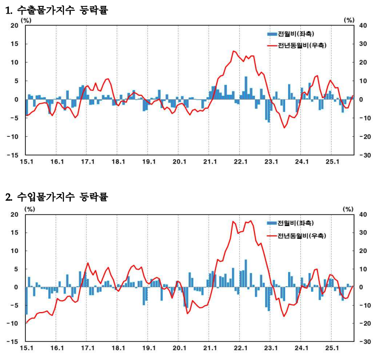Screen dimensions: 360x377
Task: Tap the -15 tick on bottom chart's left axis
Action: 13,342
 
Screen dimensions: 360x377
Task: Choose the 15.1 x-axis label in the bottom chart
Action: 26,349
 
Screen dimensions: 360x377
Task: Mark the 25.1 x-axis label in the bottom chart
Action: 332,349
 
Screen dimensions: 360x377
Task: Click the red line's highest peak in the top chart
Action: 234,51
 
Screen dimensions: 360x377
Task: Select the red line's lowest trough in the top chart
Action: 285,128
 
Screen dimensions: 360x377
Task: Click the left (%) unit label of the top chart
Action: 25,20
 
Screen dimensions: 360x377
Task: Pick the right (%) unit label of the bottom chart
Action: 348,209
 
